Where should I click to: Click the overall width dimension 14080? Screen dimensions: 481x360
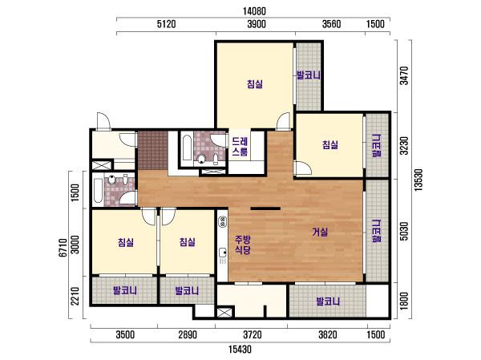[x=254, y=11]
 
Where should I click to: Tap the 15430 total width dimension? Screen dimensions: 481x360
[x=240, y=349]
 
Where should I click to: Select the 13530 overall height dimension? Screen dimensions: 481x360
[x=418, y=180]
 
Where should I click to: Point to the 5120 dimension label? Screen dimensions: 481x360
[x=166, y=24]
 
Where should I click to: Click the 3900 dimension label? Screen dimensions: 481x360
[x=257, y=24]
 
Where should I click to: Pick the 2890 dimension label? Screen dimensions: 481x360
[x=188, y=334]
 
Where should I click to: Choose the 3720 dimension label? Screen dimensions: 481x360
[x=253, y=334]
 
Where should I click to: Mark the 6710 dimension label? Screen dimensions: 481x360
[x=63, y=248]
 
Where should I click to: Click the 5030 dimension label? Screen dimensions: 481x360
[x=405, y=231]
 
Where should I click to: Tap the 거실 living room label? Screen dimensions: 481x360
[x=320, y=232]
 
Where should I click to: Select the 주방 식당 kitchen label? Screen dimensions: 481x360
[x=243, y=245]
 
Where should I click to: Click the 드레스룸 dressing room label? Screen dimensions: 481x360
[x=240, y=147]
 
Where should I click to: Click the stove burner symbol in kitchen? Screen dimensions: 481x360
[x=222, y=222]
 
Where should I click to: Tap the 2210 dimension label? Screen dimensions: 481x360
[x=75, y=296]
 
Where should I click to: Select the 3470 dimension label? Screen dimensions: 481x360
[x=405, y=75]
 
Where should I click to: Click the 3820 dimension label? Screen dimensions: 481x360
[x=328, y=334]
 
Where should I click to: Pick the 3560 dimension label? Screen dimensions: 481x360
[x=331, y=24]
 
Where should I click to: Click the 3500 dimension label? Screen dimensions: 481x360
[x=125, y=334]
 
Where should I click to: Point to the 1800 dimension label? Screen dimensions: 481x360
[x=405, y=301]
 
